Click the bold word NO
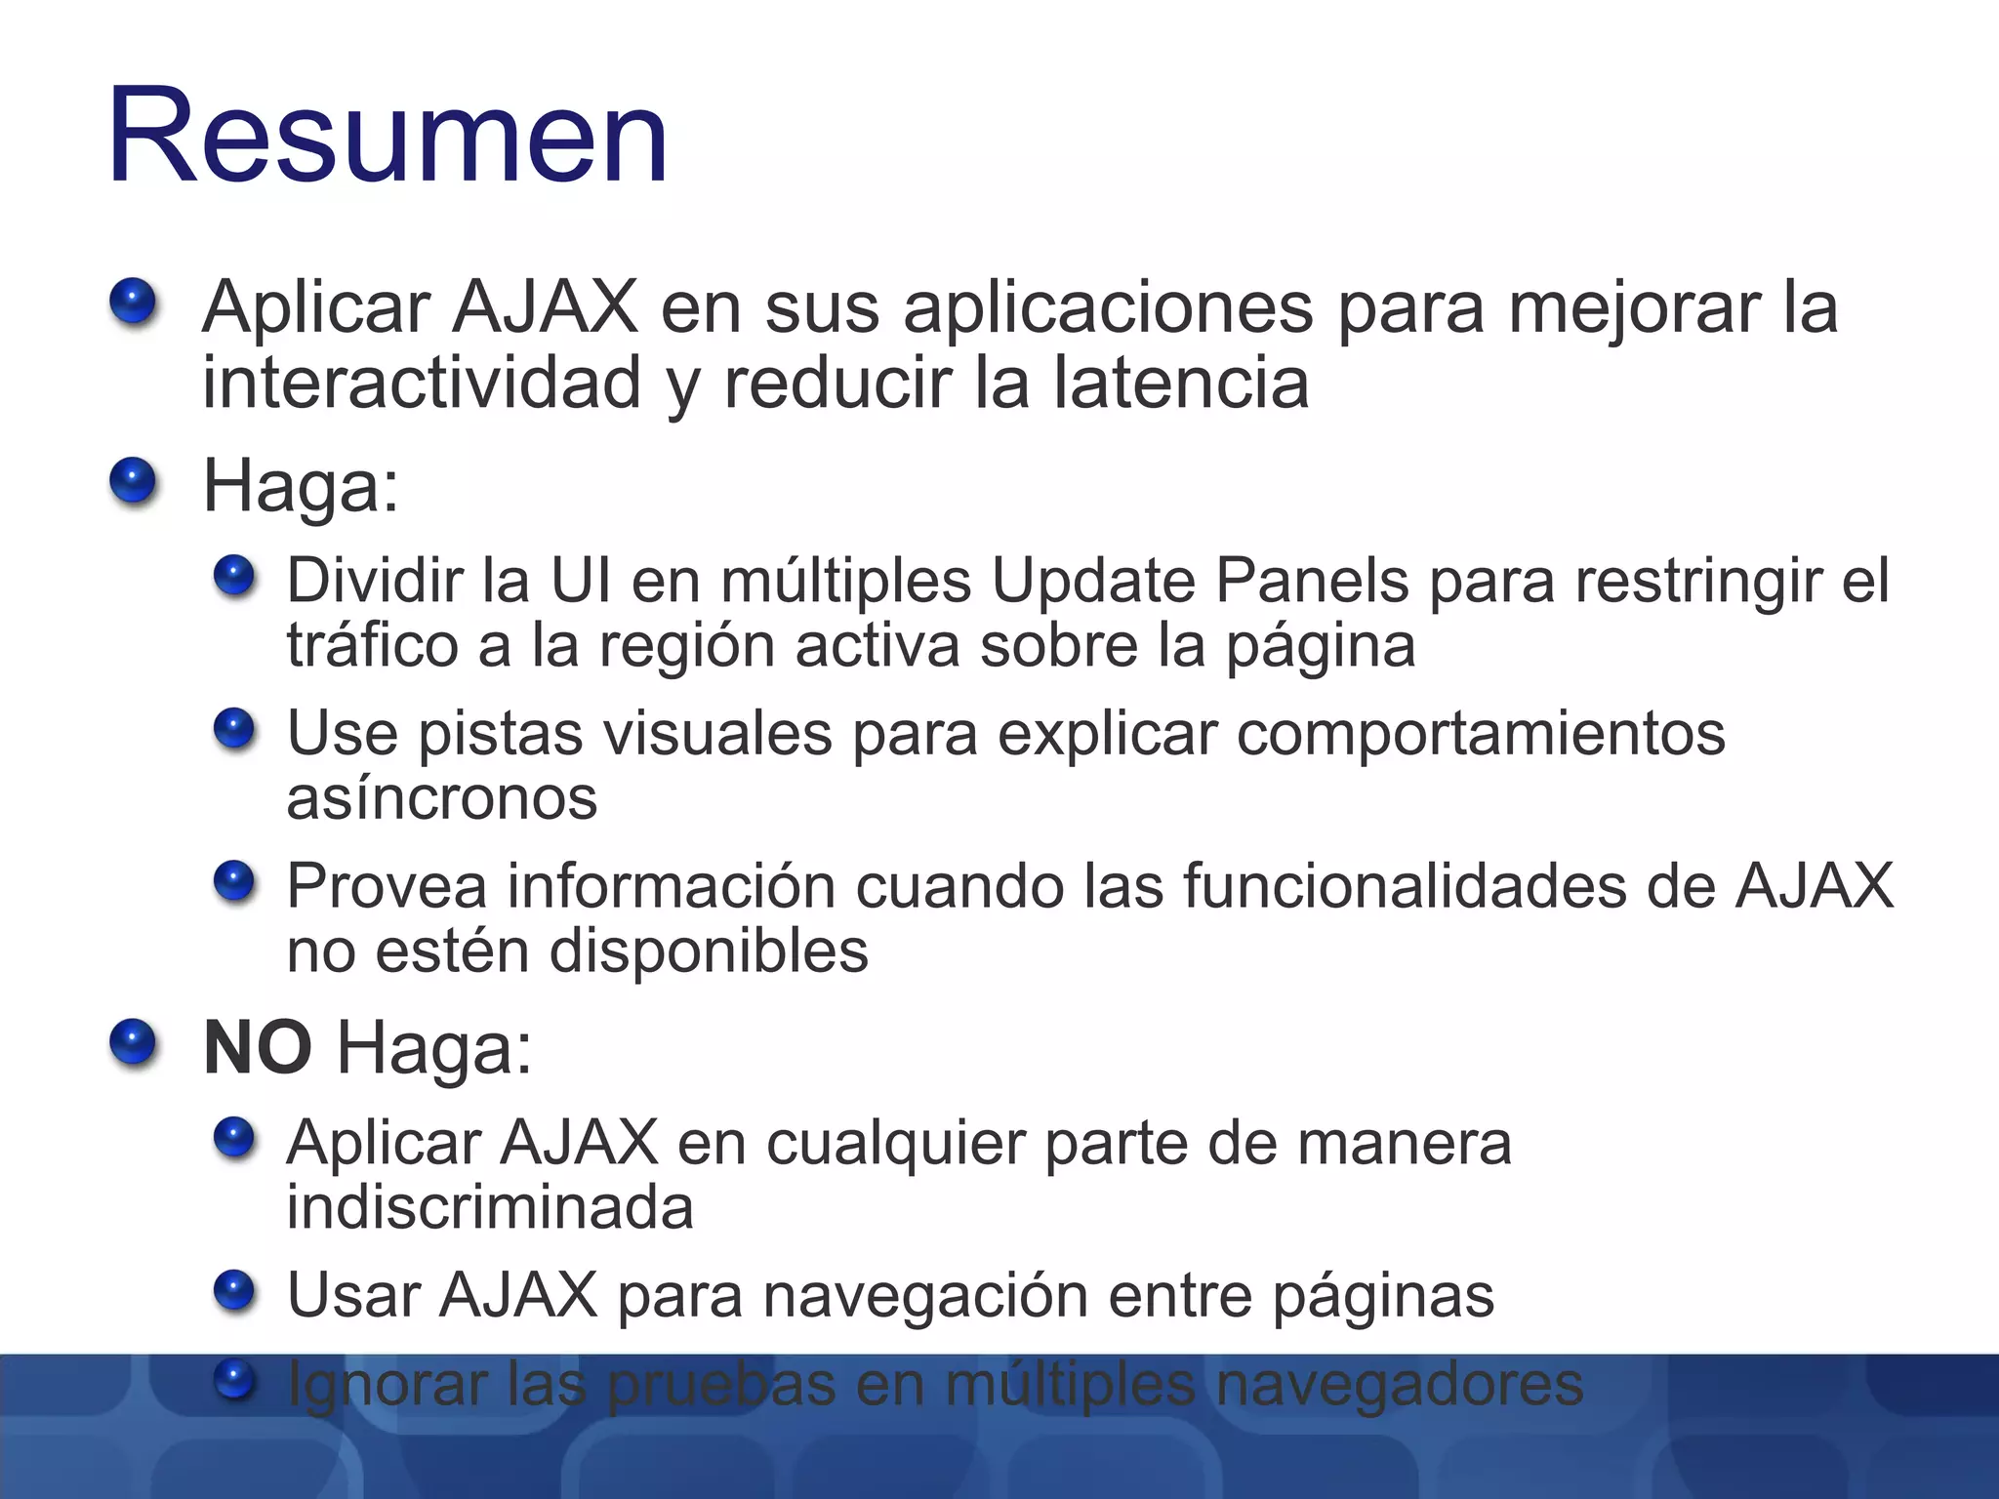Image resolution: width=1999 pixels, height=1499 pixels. [x=257, y=1048]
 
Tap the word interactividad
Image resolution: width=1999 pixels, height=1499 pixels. [x=422, y=383]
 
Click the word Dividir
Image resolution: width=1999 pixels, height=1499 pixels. [x=375, y=581]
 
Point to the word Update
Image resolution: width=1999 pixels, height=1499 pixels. [x=1093, y=583]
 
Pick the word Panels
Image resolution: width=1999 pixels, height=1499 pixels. [x=1312, y=581]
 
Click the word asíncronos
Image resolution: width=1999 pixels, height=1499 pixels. [x=441, y=798]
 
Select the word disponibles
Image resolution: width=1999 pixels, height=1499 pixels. [x=709, y=951]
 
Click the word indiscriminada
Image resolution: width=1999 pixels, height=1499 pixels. [x=490, y=1207]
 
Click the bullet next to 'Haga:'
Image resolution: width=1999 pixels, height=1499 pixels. [x=133, y=482]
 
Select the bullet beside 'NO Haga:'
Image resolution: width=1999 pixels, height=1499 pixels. [x=133, y=1042]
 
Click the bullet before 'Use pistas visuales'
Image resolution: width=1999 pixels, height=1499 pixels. [x=234, y=729]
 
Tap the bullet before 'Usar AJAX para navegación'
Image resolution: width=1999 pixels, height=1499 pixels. [x=234, y=1290]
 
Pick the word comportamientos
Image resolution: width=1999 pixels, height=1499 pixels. [x=1481, y=734]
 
